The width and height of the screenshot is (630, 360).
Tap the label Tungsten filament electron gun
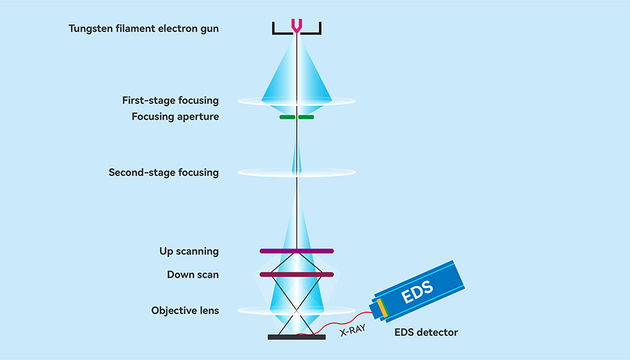coord(143,29)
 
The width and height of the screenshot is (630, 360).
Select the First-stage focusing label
coord(170,101)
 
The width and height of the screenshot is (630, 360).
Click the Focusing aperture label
coord(175,117)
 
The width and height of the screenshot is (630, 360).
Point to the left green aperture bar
coord(287,117)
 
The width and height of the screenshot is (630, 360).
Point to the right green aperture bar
coord(307,117)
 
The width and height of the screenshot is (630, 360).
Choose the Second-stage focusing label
coord(163,172)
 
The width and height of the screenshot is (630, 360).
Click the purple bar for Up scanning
coord(297,251)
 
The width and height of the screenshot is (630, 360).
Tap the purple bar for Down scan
coord(297,274)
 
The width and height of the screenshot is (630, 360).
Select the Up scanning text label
coord(189,251)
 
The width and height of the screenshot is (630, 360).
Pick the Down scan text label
coord(192,275)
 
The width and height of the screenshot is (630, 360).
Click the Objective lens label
coord(185,310)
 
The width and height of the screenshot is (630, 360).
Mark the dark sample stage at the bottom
coord(297,337)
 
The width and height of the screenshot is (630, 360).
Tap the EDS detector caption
coord(426,332)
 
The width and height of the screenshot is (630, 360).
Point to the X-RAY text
coord(352,329)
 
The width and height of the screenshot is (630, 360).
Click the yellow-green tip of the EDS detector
coord(382,307)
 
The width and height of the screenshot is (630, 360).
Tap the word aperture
coord(199,117)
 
